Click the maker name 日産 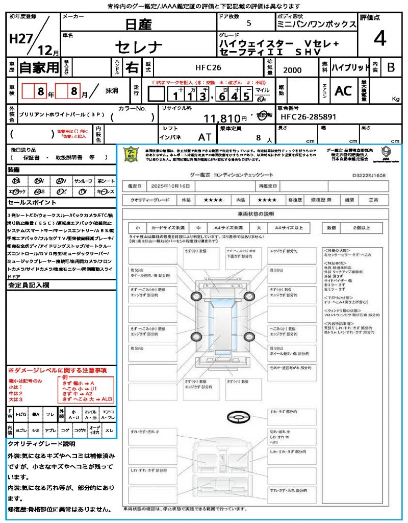tap(139, 23)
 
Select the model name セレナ tap(139, 47)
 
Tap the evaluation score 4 tap(379, 38)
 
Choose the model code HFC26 tap(208, 67)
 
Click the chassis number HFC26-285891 tap(308, 117)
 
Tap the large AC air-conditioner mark tap(343, 91)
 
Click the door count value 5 tap(248, 23)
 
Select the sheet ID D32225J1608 tap(369, 175)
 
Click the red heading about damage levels tap(57, 370)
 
